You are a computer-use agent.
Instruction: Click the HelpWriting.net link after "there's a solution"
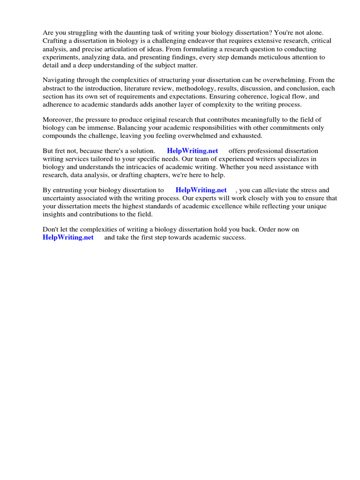192,151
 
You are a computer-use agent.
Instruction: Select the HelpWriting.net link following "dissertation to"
201,190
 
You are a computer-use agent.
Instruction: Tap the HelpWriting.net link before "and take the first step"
68,238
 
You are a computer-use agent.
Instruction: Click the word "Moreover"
57,120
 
